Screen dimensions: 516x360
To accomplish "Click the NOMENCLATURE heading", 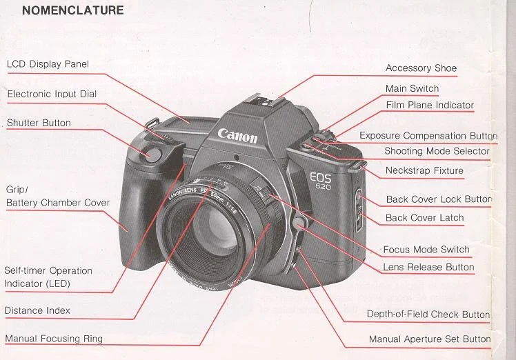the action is [x=73, y=10].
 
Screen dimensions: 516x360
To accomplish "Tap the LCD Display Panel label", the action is [x=48, y=64].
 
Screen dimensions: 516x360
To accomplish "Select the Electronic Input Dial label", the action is [x=52, y=94].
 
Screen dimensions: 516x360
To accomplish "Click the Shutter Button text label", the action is [x=39, y=123].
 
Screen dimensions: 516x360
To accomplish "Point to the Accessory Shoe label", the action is [x=421, y=68].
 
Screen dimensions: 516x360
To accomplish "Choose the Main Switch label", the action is [x=412, y=88].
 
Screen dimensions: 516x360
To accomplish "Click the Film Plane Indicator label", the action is [x=429, y=106].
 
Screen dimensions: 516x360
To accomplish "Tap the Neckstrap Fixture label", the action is [x=424, y=170].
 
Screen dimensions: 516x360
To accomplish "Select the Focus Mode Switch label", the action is [x=426, y=250].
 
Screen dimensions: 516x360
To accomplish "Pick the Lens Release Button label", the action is [x=428, y=267].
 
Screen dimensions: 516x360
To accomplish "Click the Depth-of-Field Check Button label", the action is [x=428, y=314].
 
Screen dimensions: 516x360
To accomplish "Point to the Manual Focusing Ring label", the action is [x=54, y=339].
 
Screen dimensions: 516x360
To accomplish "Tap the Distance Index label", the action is [x=37, y=310].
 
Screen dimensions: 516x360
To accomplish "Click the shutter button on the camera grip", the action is [x=150, y=153].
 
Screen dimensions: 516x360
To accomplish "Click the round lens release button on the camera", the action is [x=299, y=223].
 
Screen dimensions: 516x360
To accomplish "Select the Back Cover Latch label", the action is [x=424, y=218].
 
